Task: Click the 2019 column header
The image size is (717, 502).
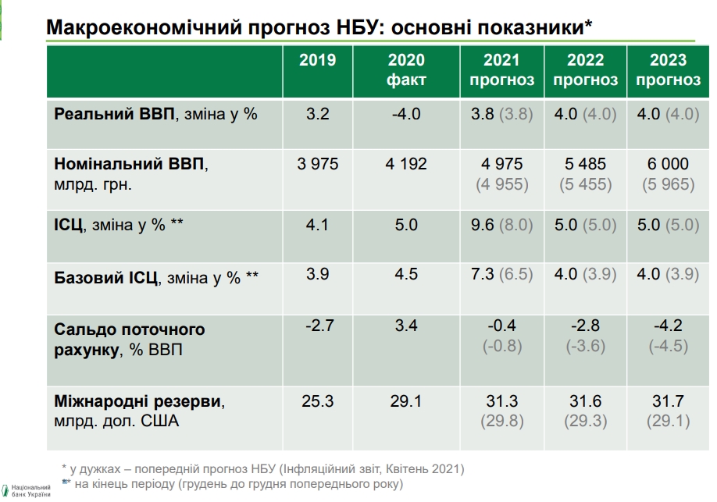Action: (x=317, y=60)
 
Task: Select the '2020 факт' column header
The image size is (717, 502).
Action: (x=406, y=69)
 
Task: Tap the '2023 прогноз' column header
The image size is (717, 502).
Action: (x=668, y=69)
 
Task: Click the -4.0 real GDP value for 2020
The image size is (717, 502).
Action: (x=406, y=114)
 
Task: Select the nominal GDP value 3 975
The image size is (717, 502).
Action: (x=317, y=164)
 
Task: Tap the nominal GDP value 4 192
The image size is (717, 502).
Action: (x=406, y=164)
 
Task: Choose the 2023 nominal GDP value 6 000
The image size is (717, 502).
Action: (x=668, y=164)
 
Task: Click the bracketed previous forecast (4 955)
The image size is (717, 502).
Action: (x=501, y=185)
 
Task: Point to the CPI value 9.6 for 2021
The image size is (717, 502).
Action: (x=483, y=226)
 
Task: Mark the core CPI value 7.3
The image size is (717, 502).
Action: (x=483, y=275)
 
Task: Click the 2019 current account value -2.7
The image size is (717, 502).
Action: (x=317, y=325)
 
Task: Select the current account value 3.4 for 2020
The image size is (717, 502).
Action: (x=406, y=325)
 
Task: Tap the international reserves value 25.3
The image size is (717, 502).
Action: (x=317, y=401)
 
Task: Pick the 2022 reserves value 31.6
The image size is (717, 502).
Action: (x=585, y=401)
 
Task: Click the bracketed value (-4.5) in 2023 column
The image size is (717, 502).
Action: (x=668, y=346)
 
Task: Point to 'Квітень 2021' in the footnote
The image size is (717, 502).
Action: (x=425, y=469)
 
